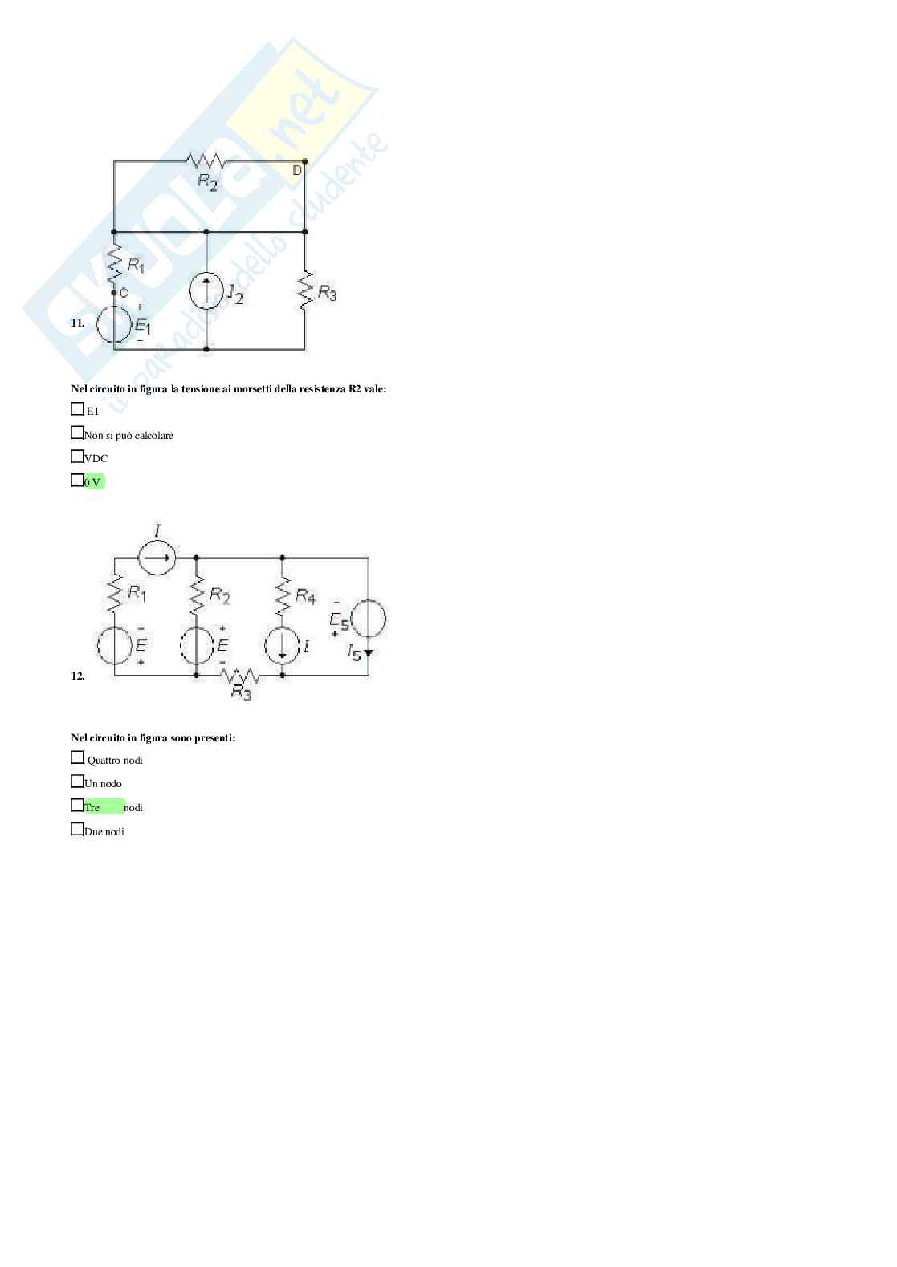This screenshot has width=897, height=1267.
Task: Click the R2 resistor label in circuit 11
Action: coord(207,183)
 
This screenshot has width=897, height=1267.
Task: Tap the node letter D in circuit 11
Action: coord(296,171)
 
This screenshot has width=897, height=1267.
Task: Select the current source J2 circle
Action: coord(206,292)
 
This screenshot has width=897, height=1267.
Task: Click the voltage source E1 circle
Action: coord(114,325)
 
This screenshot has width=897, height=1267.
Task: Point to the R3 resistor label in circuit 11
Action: coord(327,293)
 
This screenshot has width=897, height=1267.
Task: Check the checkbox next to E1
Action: coord(77,409)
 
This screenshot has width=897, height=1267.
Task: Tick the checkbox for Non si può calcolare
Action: coord(77,433)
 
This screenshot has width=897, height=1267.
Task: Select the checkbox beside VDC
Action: coord(77,457)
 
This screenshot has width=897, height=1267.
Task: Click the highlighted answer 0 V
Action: coord(93,482)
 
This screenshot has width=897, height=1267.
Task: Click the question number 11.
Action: coord(77,323)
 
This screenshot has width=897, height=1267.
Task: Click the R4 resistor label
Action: coord(305,596)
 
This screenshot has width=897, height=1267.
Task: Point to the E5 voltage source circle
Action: coord(369,619)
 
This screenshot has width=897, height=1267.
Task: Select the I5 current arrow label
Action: coord(354,652)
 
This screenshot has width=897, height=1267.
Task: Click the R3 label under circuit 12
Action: coord(241,692)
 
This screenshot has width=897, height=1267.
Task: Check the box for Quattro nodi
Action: coord(77,757)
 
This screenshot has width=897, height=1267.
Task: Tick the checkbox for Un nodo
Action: coord(77,782)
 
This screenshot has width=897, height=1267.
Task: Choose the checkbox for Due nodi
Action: coord(77,830)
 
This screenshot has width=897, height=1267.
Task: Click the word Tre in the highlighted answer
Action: coord(92,808)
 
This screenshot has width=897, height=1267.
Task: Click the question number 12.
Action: coord(77,676)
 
